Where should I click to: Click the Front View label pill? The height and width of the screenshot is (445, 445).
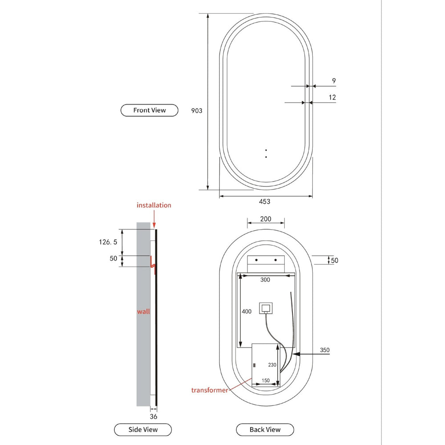point(149,110)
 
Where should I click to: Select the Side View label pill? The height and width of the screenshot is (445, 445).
point(143,429)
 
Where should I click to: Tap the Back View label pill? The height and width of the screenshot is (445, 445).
point(265,429)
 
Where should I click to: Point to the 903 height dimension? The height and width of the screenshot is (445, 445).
point(197,111)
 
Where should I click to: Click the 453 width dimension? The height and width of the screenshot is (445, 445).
point(264,202)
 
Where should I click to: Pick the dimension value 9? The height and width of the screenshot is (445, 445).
point(334,81)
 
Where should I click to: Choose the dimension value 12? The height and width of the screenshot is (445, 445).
point(332,97)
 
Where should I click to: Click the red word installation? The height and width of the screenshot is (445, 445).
point(154,205)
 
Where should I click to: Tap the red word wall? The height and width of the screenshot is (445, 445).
point(143,311)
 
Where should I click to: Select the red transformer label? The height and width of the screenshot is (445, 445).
point(210,390)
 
